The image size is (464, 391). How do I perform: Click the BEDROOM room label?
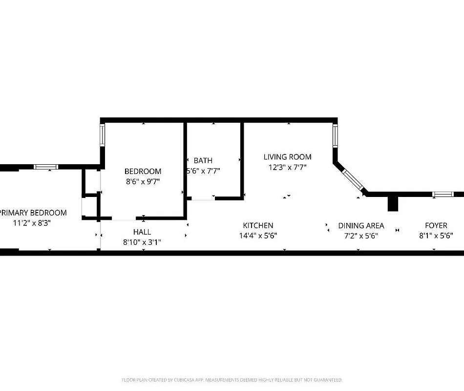coord(143,171)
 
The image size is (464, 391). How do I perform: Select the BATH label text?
coord(203,160)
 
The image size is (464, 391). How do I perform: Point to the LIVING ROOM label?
coord(287,157)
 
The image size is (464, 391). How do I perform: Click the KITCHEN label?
coord(258,225)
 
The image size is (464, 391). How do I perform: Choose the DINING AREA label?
coord(361,225)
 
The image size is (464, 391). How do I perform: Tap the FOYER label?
coord(436,225)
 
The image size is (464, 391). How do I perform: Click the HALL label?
coord(142,232)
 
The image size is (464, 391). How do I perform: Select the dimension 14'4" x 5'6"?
coord(258,235)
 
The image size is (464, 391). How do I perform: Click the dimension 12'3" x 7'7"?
coord(287,167)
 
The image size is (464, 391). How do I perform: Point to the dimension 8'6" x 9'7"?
coord(143,181)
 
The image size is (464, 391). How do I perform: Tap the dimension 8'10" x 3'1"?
coord(142,242)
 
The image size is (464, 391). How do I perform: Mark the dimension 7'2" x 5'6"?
coord(361,235)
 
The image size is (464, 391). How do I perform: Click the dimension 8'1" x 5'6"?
coord(436,235)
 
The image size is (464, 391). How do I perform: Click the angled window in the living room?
coord(353,180)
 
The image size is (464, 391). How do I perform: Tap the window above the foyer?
coord(443,194)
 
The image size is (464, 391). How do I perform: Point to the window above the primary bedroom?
coord(46,167)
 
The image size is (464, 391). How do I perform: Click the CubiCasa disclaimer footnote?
coord(232,380)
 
